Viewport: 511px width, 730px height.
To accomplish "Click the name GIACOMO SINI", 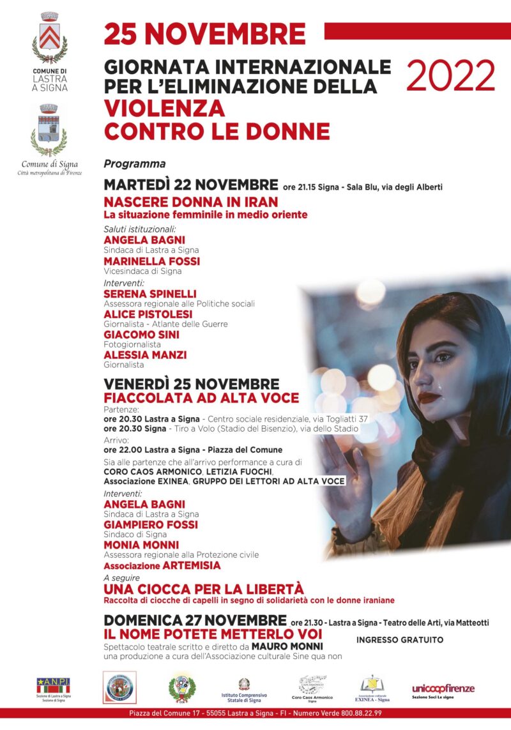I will tap(141, 335).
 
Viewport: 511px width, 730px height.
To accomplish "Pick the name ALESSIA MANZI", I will tap(145, 355).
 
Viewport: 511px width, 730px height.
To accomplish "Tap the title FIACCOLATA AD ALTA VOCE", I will tap(201, 399).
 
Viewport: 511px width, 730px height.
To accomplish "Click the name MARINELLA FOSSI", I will tap(151, 261).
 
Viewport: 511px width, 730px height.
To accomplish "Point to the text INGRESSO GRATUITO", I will tap(399, 639).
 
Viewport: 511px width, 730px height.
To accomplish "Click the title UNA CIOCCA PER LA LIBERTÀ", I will tap(203, 589).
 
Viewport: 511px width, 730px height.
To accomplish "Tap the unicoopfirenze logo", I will tap(443, 688).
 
